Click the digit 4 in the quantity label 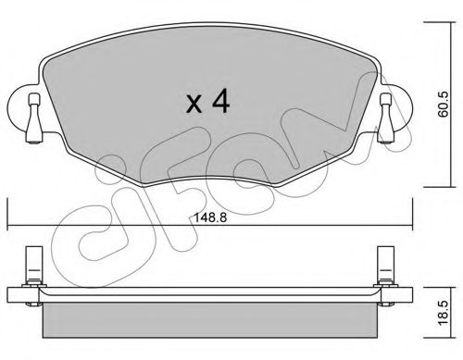(x=219, y=101)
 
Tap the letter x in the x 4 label (x=194, y=104)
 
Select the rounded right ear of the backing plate (x=402, y=106)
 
